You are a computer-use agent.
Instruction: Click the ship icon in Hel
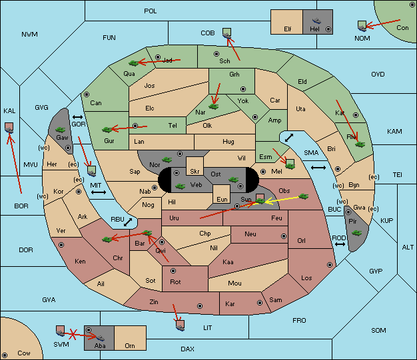point(316,21)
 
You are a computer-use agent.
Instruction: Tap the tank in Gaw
point(61,130)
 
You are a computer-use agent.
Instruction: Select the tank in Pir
point(356,233)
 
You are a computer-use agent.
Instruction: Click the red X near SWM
point(73,334)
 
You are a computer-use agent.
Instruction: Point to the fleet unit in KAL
point(9,128)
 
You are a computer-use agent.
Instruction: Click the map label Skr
point(195,172)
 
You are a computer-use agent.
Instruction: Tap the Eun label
point(222,199)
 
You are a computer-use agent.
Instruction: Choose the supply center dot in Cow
point(5,355)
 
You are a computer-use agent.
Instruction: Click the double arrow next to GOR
point(78,117)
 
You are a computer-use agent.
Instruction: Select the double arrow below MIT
point(99,192)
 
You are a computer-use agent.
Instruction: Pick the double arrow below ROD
point(340,244)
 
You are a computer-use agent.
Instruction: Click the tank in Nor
point(167,160)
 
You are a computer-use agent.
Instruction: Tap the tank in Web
point(181,186)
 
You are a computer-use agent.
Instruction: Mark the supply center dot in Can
point(87,94)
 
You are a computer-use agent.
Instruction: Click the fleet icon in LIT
point(180,325)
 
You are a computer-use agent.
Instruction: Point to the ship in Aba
point(100,338)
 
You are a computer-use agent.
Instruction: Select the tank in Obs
point(304,196)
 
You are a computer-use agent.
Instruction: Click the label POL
point(151,11)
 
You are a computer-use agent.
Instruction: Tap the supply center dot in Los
point(330,265)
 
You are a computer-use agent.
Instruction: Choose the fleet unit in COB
point(227,33)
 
